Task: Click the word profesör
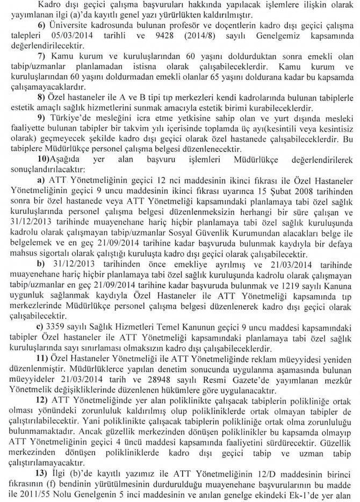coord(201,26)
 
